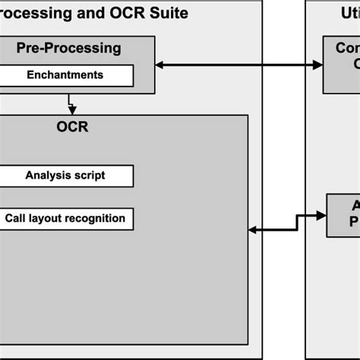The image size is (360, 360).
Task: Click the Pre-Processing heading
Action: click(x=68, y=49)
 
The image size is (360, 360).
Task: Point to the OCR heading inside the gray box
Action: click(x=73, y=127)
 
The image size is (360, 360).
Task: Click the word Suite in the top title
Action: click(x=166, y=14)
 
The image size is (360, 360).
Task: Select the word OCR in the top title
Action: click(x=121, y=14)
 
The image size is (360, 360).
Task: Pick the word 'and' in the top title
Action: click(x=86, y=14)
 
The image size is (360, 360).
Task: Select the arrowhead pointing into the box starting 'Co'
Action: click(x=318, y=66)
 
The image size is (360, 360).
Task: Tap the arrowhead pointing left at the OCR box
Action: click(x=254, y=228)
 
